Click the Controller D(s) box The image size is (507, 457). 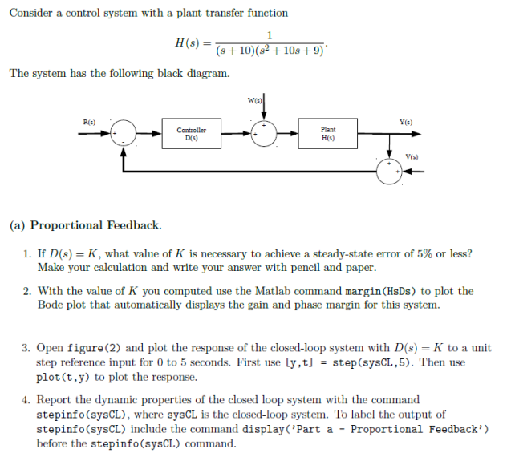pos(191,133)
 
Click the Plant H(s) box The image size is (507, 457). pos(328,133)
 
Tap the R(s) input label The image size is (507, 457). pos(89,121)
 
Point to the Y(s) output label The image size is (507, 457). pos(405,121)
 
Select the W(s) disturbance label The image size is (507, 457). pos(255,100)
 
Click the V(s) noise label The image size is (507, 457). pos(412,157)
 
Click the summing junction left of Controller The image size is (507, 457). pos(123,133)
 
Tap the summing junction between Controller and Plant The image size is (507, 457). pos(264,133)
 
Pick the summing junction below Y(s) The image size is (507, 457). pos(389,171)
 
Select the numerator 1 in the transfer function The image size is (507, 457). pos(270,34)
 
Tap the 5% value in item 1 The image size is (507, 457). pos(423,253)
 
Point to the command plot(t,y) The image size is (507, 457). pos(71,377)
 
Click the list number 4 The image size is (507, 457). pos(26,399)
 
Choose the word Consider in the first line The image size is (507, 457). pos(31,13)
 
